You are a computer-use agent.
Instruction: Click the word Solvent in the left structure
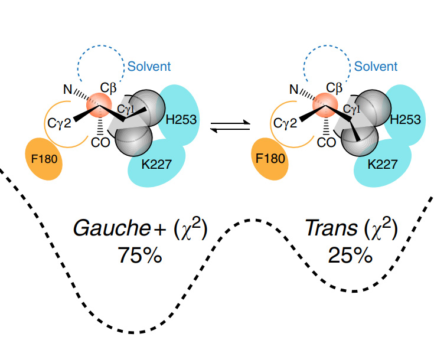[149, 66]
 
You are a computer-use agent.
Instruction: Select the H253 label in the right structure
[405, 120]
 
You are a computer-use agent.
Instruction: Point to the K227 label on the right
[381, 163]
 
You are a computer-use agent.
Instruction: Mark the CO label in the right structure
[326, 142]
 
